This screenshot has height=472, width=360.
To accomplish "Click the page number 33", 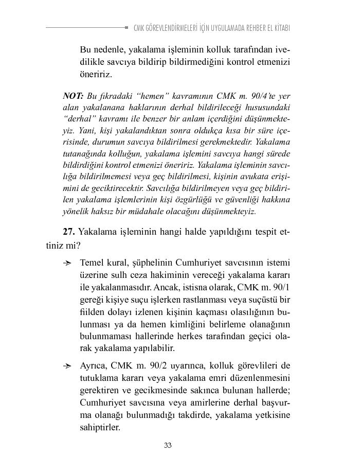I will coord(168,445).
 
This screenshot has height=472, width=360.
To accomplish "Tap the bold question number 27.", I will coord(69,232).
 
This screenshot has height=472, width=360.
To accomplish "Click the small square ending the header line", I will coord(127,27).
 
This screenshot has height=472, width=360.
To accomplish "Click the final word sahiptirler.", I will coord(100,428).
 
